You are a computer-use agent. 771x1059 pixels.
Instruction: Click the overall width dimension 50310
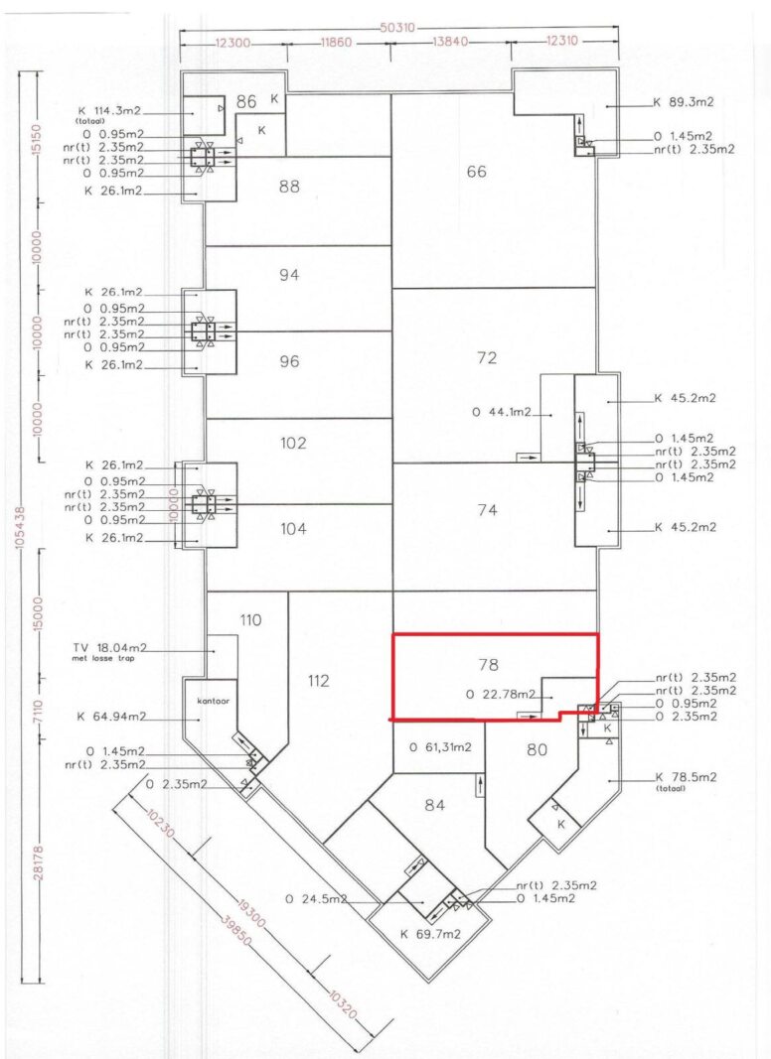coord(398,29)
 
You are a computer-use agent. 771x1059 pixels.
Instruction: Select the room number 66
coord(476,172)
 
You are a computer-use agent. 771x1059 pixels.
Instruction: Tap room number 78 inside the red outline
coord(488,665)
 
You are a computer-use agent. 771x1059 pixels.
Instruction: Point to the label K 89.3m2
coord(684,102)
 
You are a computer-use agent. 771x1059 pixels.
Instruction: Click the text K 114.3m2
coord(110,111)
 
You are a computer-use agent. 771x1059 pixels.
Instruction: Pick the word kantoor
coord(213,701)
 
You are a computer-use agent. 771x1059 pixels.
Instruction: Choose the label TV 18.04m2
coord(109,648)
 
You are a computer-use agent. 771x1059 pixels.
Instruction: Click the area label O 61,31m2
coord(440,747)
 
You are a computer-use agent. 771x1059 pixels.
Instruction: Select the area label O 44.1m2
coord(502,413)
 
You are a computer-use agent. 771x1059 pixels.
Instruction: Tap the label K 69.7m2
coord(430,934)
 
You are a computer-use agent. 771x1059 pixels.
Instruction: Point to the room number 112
coord(318,681)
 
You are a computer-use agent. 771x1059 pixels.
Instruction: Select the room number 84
coord(434,805)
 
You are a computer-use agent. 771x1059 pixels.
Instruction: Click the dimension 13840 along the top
coord(450,42)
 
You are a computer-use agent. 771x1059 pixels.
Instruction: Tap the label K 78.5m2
coord(686,777)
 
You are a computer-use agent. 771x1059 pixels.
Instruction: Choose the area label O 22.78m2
coord(501,694)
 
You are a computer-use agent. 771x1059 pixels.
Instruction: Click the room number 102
coord(293,443)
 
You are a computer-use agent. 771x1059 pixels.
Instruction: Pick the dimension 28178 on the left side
coord(39,862)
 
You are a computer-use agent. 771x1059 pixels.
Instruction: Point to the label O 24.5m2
coord(316,899)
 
